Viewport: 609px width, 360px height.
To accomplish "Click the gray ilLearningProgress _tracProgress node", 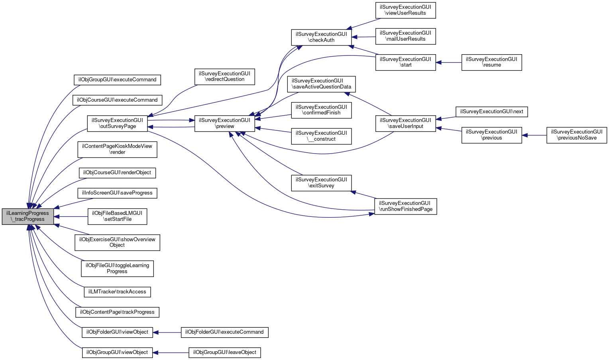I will point(28,216).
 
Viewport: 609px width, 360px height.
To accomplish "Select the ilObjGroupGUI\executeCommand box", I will point(117,80).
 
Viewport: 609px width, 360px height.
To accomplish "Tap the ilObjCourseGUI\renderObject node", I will point(117,173).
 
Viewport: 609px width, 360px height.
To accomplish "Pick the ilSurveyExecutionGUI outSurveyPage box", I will point(117,123).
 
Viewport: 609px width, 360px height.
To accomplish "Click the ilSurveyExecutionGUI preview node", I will point(224,123).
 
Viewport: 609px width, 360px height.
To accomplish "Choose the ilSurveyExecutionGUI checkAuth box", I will point(321,37).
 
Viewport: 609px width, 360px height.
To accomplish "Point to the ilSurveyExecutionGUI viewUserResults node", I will point(405,10).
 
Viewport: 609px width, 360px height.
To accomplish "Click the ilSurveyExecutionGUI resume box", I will point(491,62).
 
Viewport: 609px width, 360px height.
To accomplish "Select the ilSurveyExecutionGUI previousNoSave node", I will point(576,135).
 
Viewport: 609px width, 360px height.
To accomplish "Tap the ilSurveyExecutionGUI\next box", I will point(491,112).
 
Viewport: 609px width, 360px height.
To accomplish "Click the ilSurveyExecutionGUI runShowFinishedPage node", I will point(405,206).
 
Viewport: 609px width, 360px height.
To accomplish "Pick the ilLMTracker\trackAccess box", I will point(117,292).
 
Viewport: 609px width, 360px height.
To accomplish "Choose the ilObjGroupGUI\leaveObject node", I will point(224,352).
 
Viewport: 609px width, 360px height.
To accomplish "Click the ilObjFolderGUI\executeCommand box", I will point(224,332).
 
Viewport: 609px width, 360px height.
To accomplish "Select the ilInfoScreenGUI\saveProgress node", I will point(117,193).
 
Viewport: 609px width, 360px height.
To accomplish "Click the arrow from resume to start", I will point(449,62).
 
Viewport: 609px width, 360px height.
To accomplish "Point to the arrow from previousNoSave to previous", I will point(534,135).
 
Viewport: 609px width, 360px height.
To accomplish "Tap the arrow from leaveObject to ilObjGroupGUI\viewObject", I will point(171,352).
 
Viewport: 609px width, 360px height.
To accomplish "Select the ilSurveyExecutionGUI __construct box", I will point(321,136).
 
